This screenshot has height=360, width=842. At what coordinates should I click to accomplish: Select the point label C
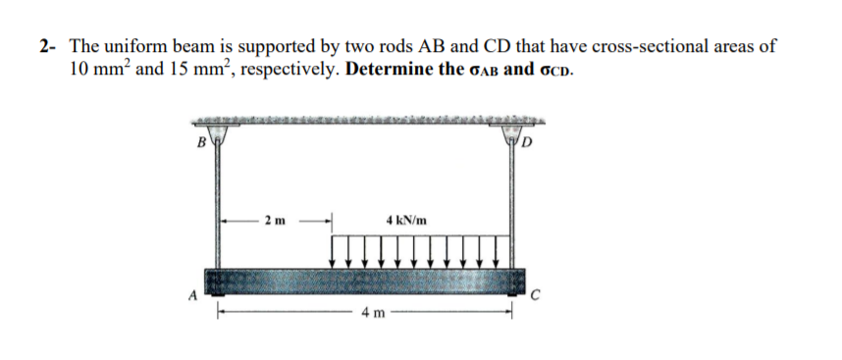pos(536,292)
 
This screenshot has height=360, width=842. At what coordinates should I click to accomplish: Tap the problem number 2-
pos(50,46)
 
